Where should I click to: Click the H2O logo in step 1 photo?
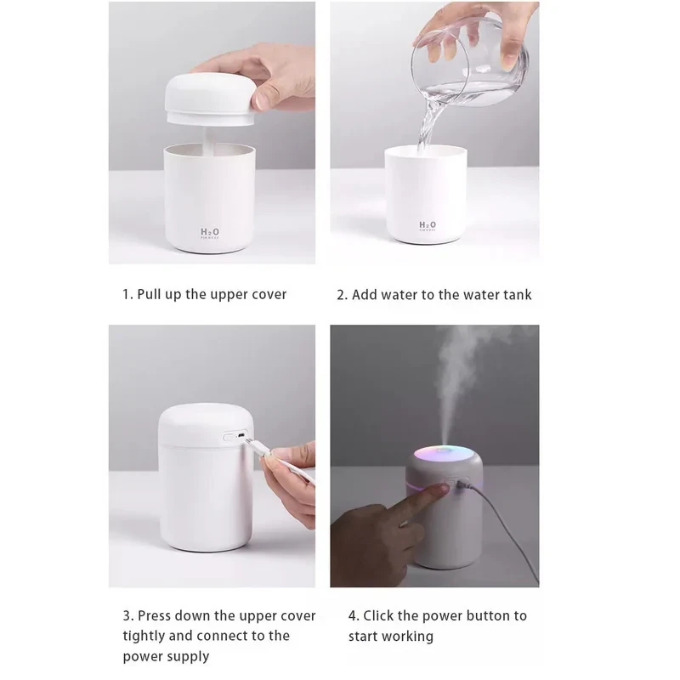click(x=209, y=233)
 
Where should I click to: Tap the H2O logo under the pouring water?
click(x=428, y=225)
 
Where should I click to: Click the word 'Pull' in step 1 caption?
click(x=150, y=294)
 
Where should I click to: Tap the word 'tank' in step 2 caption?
click(x=518, y=295)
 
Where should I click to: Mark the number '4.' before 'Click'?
click(x=354, y=615)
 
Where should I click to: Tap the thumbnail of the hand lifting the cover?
click(x=212, y=133)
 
